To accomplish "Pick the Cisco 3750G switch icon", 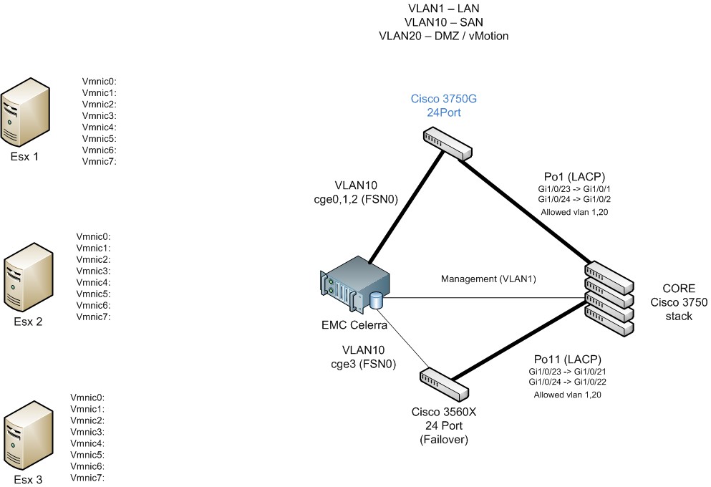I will click(x=447, y=143).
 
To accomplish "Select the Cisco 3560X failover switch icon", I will click(x=443, y=385).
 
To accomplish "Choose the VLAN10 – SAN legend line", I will click(x=444, y=22).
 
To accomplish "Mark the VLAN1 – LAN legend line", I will click(x=444, y=9).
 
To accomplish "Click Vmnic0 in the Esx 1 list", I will click(x=99, y=81).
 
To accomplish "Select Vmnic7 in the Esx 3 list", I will click(x=87, y=477).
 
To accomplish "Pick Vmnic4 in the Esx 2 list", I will click(x=93, y=282).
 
